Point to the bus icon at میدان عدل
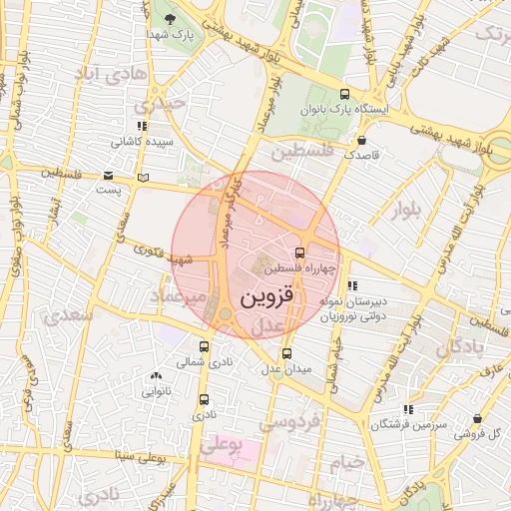[x=287, y=352]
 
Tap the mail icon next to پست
[x=107, y=176]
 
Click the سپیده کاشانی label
[x=141, y=142]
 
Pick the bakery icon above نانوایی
[x=154, y=376]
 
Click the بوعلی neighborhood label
[x=223, y=446]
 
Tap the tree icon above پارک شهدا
[x=169, y=19]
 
